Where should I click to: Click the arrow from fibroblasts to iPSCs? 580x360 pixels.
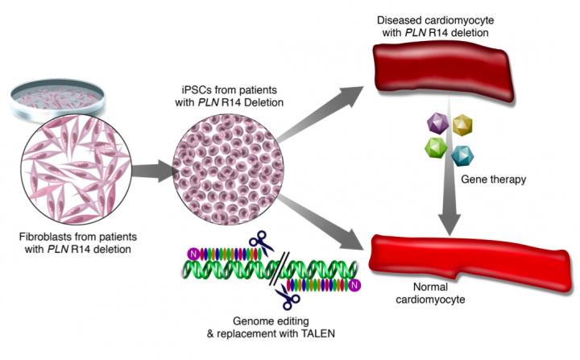point(154,171)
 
